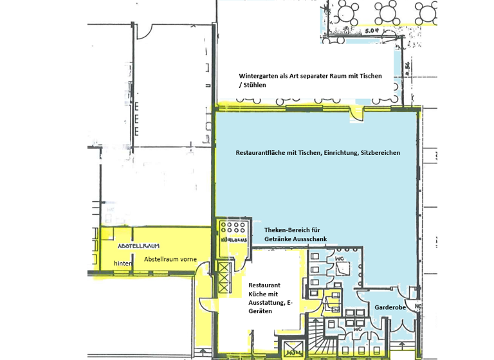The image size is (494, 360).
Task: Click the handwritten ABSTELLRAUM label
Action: click(138, 246)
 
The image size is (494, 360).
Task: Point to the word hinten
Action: click(123, 264)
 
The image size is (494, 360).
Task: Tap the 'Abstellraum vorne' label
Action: click(170, 260)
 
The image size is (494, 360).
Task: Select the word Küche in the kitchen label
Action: click(259, 293)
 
